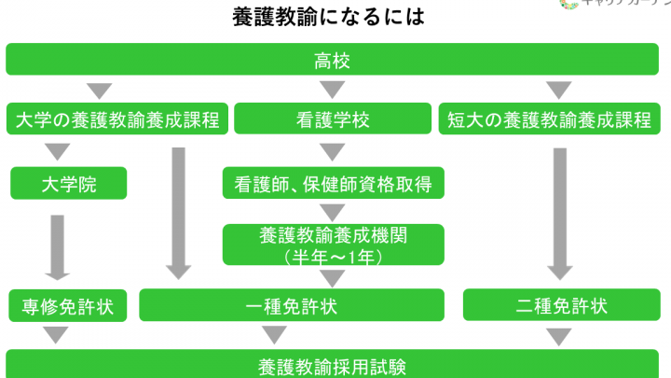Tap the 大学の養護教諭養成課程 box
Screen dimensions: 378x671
click(x=117, y=119)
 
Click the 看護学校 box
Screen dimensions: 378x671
click(x=332, y=119)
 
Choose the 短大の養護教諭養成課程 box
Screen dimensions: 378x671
click(x=557, y=119)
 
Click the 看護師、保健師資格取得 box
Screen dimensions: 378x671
click(x=333, y=183)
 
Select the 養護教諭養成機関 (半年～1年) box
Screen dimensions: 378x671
click(x=333, y=245)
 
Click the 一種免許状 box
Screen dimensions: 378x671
click(x=292, y=305)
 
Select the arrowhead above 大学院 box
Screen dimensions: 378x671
click(x=58, y=151)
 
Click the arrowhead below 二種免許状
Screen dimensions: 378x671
click(x=558, y=334)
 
